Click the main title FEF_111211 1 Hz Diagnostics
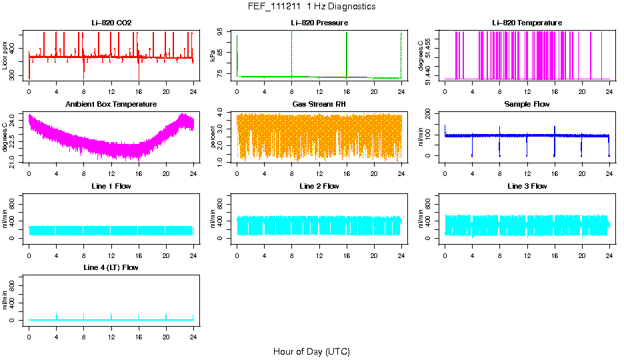coord(311,7)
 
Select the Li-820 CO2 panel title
coord(111,23)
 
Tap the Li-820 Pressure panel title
coord(319,23)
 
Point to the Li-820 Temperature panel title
coord(527,23)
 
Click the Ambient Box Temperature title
coord(111,104)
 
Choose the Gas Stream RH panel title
coord(319,104)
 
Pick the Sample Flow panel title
coord(527,104)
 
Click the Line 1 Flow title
coord(111,186)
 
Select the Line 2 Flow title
coord(319,186)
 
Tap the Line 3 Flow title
coord(527,186)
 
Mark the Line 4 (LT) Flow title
coord(111,267)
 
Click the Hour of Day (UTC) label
coord(311,351)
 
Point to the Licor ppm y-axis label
coord(5,56)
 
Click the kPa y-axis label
coord(213,56)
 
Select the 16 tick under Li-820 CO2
coord(138,91)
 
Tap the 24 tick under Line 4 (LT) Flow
coord(193,336)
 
